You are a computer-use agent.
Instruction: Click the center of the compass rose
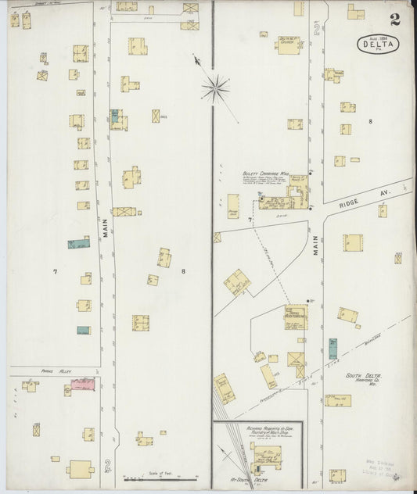click(215, 88)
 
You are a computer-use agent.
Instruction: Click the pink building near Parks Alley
click(82, 385)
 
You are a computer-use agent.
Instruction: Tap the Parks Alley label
click(34, 372)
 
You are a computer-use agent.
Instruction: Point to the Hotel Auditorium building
click(296, 316)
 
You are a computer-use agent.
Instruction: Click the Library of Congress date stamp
click(383, 468)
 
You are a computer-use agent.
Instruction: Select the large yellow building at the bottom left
click(80, 469)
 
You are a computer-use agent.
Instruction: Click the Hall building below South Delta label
click(338, 400)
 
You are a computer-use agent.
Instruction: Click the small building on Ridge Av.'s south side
click(383, 211)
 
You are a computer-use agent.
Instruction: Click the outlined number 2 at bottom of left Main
click(107, 467)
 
